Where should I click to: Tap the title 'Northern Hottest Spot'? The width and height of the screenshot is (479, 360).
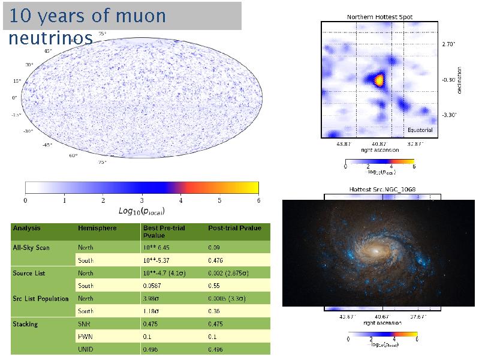(379, 17)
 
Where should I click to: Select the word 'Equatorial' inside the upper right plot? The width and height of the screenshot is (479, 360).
(420, 130)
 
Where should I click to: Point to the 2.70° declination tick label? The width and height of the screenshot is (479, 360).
(450, 44)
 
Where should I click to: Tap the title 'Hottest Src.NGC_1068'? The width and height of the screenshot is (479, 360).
(382, 190)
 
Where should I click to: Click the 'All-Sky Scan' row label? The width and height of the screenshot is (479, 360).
(31, 247)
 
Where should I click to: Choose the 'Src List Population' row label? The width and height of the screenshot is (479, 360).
(41, 298)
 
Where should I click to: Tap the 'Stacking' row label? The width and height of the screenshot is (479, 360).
(25, 324)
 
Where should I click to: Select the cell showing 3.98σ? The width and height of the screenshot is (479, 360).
(152, 298)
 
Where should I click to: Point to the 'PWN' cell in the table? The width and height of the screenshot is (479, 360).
(85, 337)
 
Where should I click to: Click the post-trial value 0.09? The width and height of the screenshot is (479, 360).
(214, 247)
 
